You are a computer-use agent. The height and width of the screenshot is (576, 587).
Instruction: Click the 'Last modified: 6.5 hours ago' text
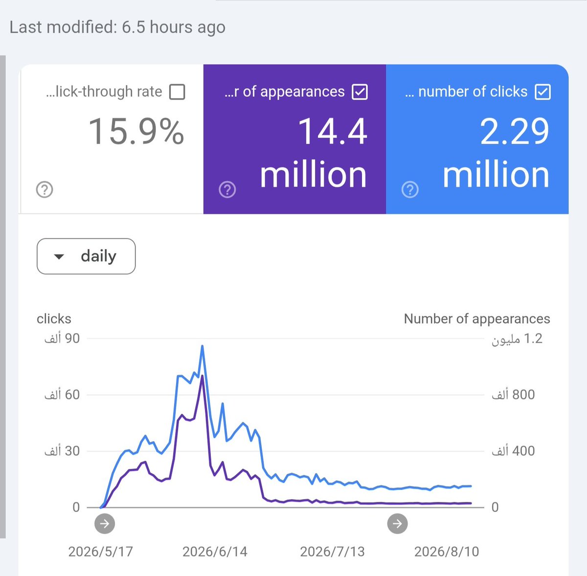tap(117, 27)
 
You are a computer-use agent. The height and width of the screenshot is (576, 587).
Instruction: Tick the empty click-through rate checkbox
tap(177, 92)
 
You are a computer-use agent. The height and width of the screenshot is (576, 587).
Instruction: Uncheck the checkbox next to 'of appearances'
tap(360, 92)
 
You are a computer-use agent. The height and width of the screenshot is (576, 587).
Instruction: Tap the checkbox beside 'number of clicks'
tap(542, 92)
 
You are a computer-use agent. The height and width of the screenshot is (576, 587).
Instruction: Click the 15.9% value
tap(136, 131)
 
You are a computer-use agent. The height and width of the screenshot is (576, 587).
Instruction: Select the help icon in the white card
tap(45, 189)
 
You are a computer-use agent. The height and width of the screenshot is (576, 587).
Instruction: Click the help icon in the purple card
tap(227, 189)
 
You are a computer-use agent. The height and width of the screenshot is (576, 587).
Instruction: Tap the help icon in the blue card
tap(410, 189)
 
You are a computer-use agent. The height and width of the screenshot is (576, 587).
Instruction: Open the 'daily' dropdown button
tap(86, 256)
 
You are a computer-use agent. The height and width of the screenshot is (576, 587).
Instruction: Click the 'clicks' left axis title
tap(54, 319)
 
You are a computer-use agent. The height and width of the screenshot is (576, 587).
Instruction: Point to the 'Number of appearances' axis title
tap(477, 319)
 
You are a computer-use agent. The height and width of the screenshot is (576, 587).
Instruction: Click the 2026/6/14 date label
tap(215, 552)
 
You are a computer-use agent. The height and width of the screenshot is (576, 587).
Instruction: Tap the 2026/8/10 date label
tap(447, 552)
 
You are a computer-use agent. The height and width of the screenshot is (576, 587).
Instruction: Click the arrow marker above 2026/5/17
tap(105, 524)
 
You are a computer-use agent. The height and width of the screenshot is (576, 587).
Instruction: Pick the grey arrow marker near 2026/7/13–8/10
tap(397, 524)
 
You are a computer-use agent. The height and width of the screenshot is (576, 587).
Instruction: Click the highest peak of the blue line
tap(202, 346)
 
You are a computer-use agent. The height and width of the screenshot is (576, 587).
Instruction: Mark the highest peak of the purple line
tap(202, 376)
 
